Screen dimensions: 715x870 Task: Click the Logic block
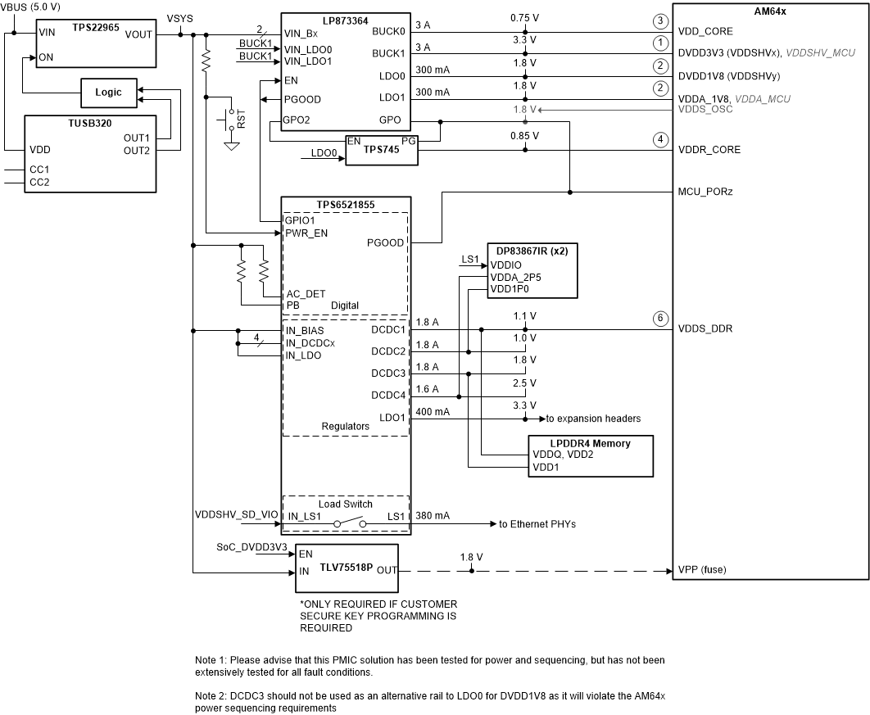click(108, 93)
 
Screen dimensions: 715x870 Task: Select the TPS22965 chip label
click(95, 27)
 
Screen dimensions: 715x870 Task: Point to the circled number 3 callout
click(659, 20)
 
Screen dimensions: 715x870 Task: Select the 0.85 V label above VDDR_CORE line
click(524, 136)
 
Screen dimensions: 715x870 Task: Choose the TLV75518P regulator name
click(345, 564)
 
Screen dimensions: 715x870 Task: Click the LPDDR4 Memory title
click(590, 443)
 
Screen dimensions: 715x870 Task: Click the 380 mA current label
click(433, 516)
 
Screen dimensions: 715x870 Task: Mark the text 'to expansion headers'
click(593, 419)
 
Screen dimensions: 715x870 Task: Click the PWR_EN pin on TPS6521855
click(305, 233)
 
